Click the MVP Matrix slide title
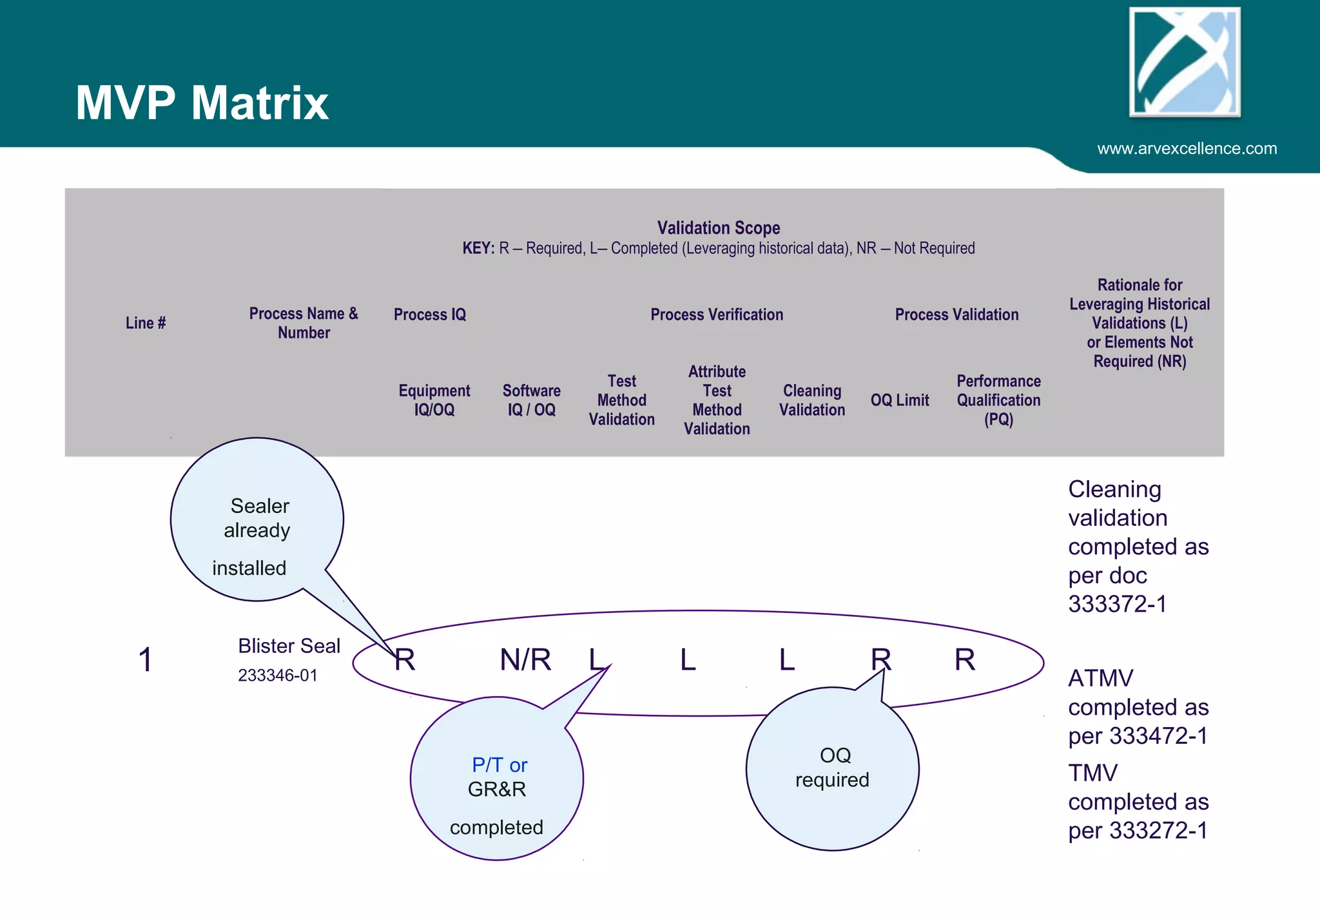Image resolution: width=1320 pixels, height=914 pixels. (202, 103)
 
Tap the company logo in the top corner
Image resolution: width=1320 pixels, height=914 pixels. (1185, 62)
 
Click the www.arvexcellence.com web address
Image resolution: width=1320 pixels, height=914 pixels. (1187, 149)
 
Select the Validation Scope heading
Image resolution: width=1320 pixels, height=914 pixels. (718, 228)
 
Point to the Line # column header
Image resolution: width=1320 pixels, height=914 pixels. (146, 323)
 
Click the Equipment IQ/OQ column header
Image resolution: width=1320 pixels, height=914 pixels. (434, 400)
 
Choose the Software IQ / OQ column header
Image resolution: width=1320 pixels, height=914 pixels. (531, 400)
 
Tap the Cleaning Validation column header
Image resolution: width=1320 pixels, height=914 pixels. (811, 400)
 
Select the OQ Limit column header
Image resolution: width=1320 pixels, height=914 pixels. (900, 400)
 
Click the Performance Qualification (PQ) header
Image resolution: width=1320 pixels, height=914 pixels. (998, 400)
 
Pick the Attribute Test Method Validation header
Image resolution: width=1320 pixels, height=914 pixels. (717, 400)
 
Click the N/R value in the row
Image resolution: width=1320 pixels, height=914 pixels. (525, 660)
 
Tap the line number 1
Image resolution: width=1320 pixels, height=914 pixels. (146, 660)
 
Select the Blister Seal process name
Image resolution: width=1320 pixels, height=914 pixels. (289, 646)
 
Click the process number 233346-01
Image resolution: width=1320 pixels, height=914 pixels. (278, 676)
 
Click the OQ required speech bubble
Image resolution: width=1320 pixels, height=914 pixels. (832, 768)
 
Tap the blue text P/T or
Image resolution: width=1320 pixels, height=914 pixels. (500, 765)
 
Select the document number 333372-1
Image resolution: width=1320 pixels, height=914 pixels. (1117, 604)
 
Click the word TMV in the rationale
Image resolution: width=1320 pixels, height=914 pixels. (1093, 773)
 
